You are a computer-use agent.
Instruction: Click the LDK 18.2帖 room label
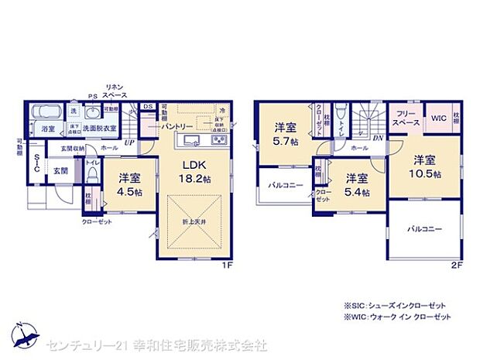coord(194,170)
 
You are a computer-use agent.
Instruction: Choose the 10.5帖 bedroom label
coord(424,166)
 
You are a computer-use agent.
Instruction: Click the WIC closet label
coord(438,118)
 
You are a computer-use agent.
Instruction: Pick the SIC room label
coord(36,163)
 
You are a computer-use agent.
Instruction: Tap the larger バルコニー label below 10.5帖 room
coord(424,229)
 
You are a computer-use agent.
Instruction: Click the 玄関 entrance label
coord(60,170)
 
